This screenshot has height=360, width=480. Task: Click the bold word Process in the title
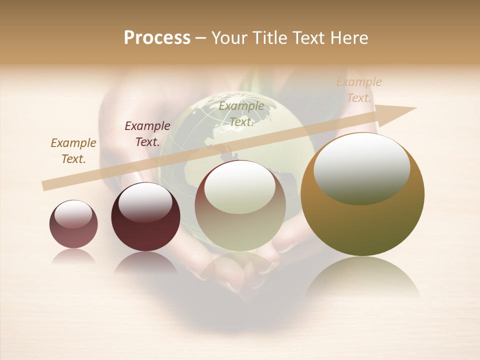(x=157, y=38)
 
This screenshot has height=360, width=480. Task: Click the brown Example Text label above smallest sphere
(x=73, y=150)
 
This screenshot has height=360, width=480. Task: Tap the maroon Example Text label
(x=147, y=133)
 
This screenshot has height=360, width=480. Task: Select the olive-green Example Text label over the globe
(x=241, y=113)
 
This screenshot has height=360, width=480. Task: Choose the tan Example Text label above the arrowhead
(x=359, y=90)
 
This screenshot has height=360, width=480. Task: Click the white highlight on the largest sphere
(x=362, y=168)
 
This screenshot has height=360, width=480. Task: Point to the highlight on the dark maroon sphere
(x=145, y=202)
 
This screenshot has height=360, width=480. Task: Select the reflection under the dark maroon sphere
(x=145, y=262)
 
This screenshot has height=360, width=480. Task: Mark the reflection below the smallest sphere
(x=73, y=256)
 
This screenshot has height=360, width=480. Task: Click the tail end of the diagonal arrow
(x=45, y=185)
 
